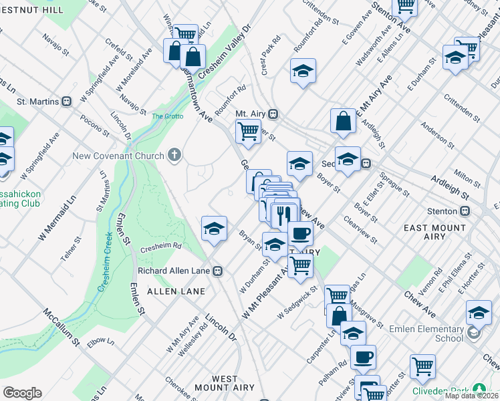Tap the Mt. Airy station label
pos(251,114)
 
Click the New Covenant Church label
pos(118,156)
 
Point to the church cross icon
pos(174,156)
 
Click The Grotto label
pos(167,116)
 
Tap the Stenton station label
pos(449,211)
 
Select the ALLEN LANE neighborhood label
pos(161,292)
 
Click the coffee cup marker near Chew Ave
pos(301,234)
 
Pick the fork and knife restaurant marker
pos(285,214)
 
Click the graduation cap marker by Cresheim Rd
pos(214,229)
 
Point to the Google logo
pos(22,392)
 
